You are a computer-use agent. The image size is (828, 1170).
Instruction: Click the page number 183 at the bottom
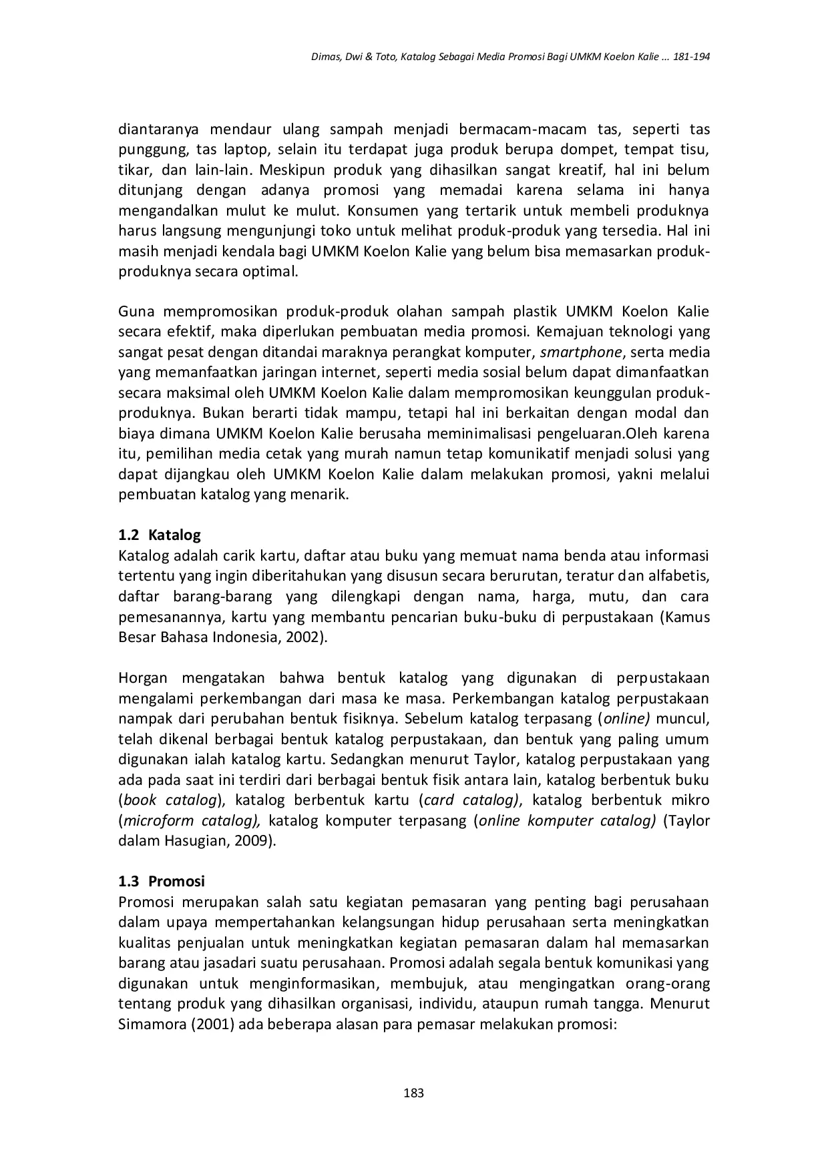coord(414,1093)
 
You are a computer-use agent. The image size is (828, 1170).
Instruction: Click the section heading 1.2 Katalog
coord(159,535)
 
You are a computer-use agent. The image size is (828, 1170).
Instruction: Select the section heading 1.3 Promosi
coord(161,881)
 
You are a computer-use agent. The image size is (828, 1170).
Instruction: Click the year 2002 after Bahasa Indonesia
coord(300,637)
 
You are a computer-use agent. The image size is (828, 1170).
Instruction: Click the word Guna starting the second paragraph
coord(136,311)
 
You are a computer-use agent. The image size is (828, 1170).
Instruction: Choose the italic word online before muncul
coord(625,719)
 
